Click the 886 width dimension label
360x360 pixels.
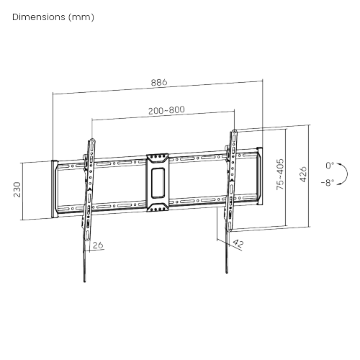[x=159, y=82]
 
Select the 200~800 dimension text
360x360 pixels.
[x=166, y=110]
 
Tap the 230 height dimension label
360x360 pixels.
[x=17, y=189]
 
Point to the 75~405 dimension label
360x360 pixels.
[x=280, y=174]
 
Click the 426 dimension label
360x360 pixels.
[x=303, y=174]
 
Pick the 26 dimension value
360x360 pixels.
[x=98, y=245]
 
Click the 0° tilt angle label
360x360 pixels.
[x=330, y=166]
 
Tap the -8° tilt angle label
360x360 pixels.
[x=328, y=183]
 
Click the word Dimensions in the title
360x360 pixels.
[x=39, y=17]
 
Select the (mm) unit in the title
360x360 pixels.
[x=81, y=17]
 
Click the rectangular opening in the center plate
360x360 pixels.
[x=158, y=183]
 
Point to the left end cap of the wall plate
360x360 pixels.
[x=55, y=189]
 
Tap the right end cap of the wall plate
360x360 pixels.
[x=259, y=176]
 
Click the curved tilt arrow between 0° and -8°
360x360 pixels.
[x=345, y=174]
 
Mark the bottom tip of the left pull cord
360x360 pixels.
[x=84, y=282]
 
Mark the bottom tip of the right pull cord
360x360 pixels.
[x=227, y=272]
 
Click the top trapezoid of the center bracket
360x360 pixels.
[x=158, y=158]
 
